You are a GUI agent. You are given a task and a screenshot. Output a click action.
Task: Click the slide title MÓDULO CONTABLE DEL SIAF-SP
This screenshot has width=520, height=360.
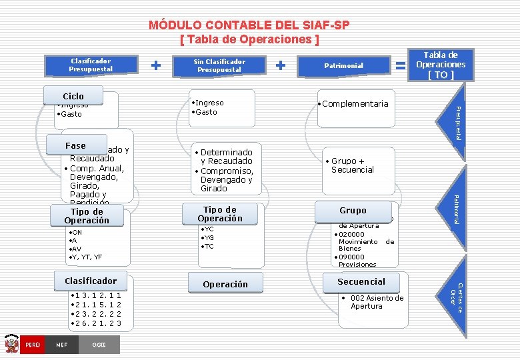coord(249,25)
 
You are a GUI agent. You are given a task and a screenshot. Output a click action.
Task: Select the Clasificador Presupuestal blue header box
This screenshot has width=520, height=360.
coord(91,65)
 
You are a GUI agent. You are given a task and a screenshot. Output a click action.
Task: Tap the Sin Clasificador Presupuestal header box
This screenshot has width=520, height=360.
coord(219,65)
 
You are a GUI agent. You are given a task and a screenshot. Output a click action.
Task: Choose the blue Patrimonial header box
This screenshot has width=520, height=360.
coord(343,65)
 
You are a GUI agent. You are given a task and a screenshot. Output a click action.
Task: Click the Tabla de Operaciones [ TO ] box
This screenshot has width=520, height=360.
coord(441,65)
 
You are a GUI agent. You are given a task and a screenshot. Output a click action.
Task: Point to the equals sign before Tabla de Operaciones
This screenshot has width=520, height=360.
coord(401,65)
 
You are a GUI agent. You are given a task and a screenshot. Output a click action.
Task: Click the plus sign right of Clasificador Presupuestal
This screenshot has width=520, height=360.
coord(155,65)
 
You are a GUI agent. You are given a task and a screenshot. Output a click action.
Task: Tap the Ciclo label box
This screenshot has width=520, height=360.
coord(73,96)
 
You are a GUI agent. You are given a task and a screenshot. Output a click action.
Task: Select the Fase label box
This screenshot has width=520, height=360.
coord(75,145)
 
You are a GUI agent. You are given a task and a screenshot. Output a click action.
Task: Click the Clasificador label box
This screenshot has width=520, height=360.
coord(91,281)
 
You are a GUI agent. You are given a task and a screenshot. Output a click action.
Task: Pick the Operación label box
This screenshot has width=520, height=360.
coord(225,284)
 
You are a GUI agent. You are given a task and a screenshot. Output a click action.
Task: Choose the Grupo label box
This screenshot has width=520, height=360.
coord(353,210)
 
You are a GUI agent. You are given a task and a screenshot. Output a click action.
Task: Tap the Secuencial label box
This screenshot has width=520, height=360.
coord(361,281)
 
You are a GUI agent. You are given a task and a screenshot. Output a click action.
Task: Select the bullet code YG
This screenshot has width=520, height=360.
coord(209,237)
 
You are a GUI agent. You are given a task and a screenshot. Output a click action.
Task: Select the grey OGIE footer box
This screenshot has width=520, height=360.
coord(99,345)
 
